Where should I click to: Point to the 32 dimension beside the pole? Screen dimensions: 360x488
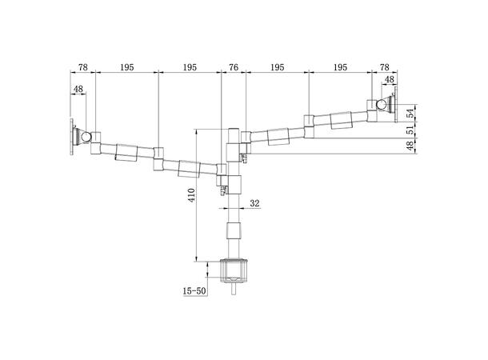(255, 203)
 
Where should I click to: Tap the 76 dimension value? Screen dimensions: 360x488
(233, 67)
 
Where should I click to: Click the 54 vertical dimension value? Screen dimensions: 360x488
(410, 113)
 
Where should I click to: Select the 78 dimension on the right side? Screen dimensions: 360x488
(384, 67)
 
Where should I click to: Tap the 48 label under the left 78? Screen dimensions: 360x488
(78, 90)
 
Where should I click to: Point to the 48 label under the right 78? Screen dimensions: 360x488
(389, 80)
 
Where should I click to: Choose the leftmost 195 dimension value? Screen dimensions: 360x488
(126, 67)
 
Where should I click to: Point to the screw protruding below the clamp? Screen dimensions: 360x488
(234, 290)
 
